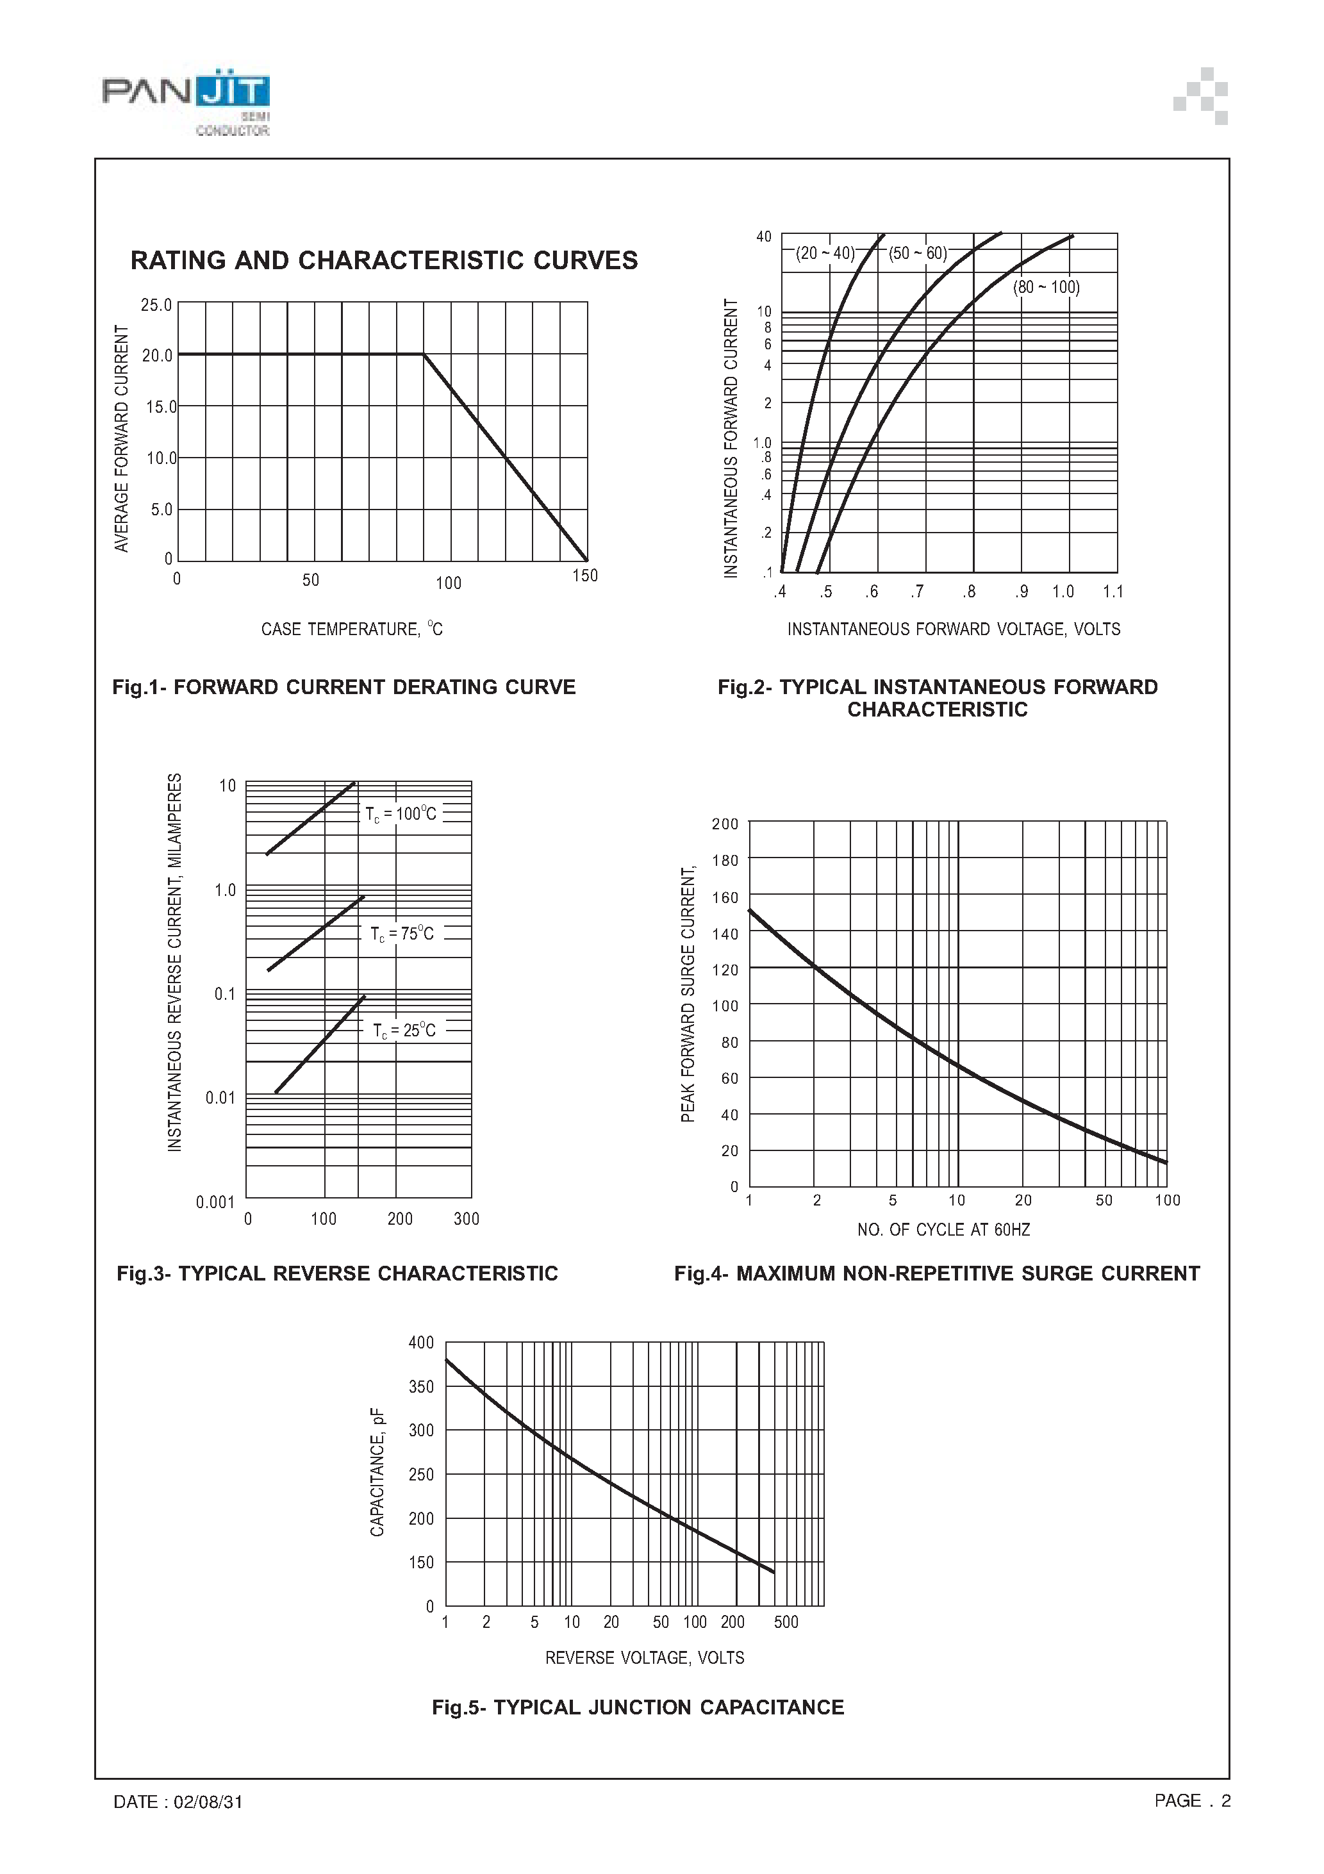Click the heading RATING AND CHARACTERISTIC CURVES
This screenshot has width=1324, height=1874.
pos(384,260)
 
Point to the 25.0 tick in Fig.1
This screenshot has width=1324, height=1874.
pos(156,305)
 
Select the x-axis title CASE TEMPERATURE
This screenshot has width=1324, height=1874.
pos(351,629)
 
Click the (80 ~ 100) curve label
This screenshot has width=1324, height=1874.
pos(1046,287)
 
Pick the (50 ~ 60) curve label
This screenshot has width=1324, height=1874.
pos(918,253)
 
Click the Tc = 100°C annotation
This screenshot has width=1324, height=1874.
pos(400,814)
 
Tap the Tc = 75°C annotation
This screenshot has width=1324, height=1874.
pos(402,934)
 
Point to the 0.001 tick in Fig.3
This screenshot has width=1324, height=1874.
pos(215,1202)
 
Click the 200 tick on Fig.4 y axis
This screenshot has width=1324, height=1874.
pos(724,824)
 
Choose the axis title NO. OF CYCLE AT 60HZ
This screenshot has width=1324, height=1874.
pos(943,1229)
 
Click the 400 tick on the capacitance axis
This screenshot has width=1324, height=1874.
pos(421,1343)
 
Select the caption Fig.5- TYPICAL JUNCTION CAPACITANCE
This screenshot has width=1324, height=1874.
pos(638,1707)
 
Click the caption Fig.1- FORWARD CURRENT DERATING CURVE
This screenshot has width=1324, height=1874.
pos(343,687)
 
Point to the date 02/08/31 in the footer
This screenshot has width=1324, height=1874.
pos(208,1802)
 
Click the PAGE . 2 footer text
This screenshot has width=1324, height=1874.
pos(1192,1800)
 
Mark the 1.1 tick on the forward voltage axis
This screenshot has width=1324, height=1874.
pos(1113,592)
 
